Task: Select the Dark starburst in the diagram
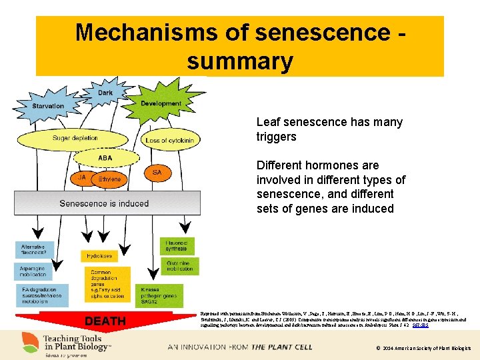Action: click(105, 93)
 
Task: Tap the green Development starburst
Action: click(161, 103)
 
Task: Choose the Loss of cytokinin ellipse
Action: click(165, 141)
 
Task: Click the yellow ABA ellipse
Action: click(105, 158)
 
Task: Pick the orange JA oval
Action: click(82, 178)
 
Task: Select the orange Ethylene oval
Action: click(109, 179)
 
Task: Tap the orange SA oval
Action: click(157, 173)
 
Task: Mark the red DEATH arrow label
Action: click(105, 321)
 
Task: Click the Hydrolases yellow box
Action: click(102, 256)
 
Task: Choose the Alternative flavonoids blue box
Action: click(34, 249)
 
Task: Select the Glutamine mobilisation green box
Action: click(178, 266)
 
